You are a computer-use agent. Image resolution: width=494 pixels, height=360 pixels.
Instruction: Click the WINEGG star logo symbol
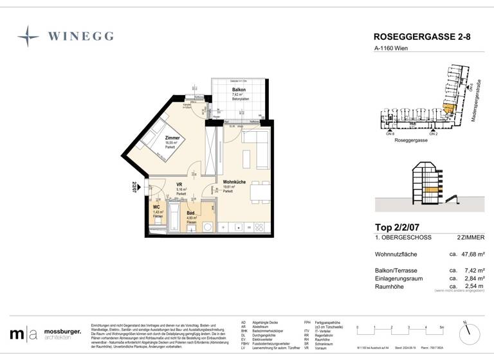[28, 36]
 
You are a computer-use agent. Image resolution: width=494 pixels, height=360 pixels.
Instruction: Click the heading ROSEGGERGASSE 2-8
[422, 37]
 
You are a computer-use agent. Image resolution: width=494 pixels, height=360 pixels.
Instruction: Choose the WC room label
[156, 207]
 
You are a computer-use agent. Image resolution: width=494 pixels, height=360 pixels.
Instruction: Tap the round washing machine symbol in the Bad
[207, 226]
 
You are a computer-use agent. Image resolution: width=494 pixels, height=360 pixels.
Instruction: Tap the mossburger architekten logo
[45, 334]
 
